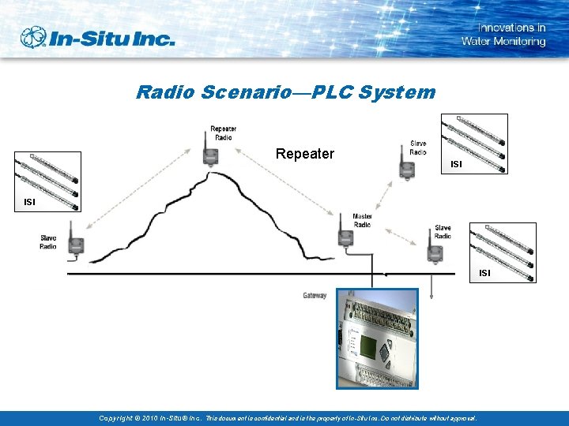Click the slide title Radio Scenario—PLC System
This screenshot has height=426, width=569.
tap(285, 92)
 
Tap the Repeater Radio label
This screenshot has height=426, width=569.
tap(223, 133)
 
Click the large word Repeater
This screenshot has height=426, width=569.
tap(305, 154)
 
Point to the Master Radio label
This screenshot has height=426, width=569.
tap(362, 220)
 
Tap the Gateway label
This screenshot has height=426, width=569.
tap(315, 296)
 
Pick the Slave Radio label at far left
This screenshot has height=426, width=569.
tap(48, 241)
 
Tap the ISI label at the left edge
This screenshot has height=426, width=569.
tap(29, 202)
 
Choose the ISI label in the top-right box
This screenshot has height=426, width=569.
tap(456, 164)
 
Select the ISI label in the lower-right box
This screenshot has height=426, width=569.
tap(484, 273)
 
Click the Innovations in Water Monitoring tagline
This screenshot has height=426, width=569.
tap(503, 35)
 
